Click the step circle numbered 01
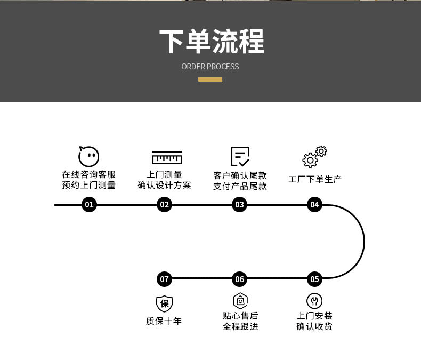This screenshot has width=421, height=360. pyautogui.click(x=89, y=204)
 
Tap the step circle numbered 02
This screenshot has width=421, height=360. pyautogui.click(x=164, y=204)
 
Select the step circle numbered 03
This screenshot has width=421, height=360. pyautogui.click(x=239, y=204)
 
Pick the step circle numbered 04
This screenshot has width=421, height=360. pyautogui.click(x=314, y=204)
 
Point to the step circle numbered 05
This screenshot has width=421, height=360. pyautogui.click(x=314, y=279)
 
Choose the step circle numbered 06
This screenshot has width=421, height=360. pyautogui.click(x=239, y=279)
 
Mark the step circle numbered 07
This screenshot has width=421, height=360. pyautogui.click(x=164, y=279)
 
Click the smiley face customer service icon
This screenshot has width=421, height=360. pyautogui.click(x=88, y=156)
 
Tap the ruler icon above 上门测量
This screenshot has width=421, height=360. pyautogui.click(x=167, y=157)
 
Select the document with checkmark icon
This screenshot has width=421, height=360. pyautogui.click(x=240, y=156)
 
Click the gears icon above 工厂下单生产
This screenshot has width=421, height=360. pyautogui.click(x=314, y=157)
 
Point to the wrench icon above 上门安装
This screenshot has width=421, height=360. pyautogui.click(x=314, y=301)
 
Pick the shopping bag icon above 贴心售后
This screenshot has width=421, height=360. pyautogui.click(x=240, y=301)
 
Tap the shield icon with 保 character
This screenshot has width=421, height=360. pyautogui.click(x=164, y=303)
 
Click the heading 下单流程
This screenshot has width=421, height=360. pyautogui.click(x=212, y=42)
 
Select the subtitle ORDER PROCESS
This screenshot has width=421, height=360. pyautogui.click(x=210, y=67)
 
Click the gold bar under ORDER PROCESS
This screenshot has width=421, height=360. pyautogui.click(x=210, y=79)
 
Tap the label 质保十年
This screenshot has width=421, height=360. pyautogui.click(x=164, y=321)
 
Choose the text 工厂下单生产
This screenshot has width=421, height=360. pyautogui.click(x=314, y=179)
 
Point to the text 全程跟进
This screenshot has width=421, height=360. pyautogui.click(x=240, y=326)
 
